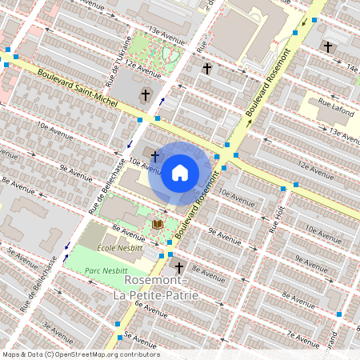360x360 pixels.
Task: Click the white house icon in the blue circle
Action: [x=180, y=173]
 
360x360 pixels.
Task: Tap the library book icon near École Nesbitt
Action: [x=158, y=224]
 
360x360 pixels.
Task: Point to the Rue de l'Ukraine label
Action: [x=118, y=62]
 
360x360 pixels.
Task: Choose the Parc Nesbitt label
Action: [x=106, y=271]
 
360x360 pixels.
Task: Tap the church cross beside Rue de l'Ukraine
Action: [x=145, y=96]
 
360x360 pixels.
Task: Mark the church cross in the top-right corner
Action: [x=328, y=47]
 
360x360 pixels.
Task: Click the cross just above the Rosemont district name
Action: [x=179, y=267]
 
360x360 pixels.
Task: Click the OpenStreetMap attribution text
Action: [x=80, y=354]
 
